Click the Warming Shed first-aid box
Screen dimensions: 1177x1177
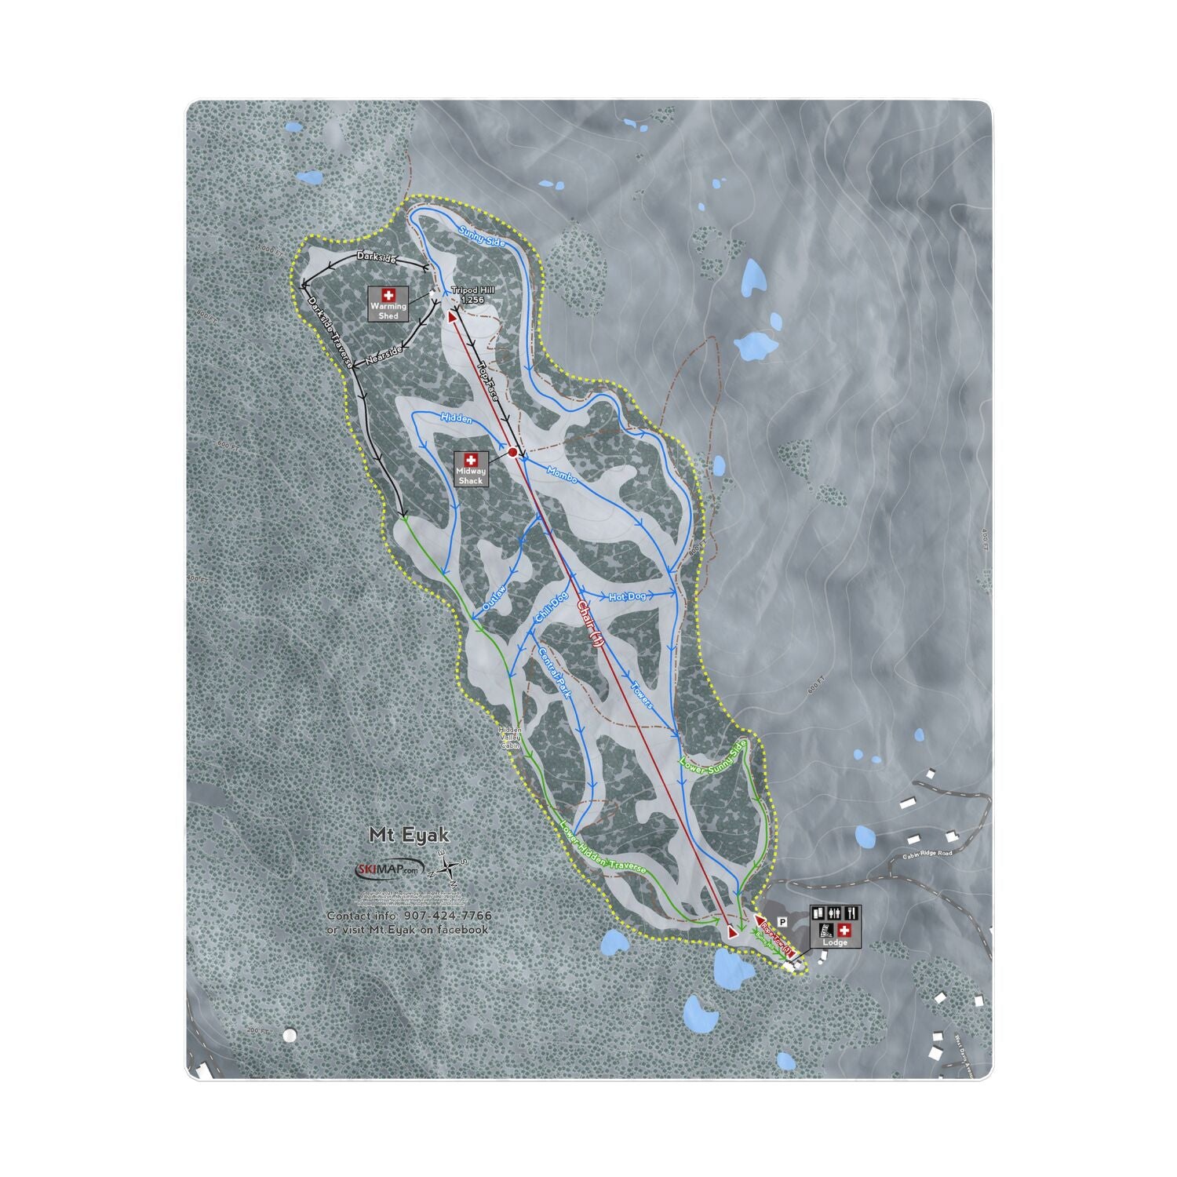388,302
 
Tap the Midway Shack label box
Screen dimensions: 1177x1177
471,469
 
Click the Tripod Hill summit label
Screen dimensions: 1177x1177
472,294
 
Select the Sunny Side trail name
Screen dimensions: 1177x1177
482,232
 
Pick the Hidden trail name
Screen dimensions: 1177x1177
456,418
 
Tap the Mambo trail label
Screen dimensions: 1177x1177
562,474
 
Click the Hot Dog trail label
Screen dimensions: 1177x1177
627,597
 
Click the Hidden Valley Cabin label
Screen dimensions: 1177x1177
510,738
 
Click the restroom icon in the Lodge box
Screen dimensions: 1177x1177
835,913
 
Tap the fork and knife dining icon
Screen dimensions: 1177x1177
852,913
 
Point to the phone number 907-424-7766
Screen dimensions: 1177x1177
448,916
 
